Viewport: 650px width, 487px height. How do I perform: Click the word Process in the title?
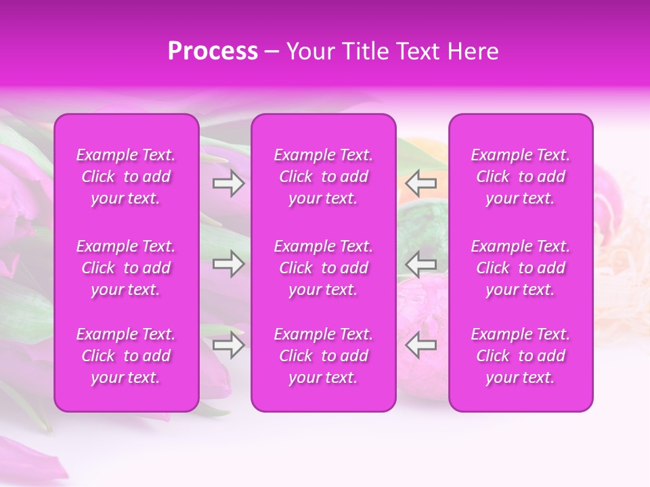[x=213, y=51]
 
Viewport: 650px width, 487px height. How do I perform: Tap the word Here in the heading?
[x=473, y=51]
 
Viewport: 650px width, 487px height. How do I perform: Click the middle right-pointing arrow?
[x=229, y=264]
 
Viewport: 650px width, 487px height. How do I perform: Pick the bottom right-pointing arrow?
[x=229, y=346]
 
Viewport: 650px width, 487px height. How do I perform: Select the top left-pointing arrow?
[x=421, y=183]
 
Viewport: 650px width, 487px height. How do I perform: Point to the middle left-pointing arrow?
[x=421, y=264]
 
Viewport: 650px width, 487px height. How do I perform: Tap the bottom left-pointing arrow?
[x=421, y=345]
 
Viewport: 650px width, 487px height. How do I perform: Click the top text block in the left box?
[x=126, y=177]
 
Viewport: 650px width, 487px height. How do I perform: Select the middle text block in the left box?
[x=126, y=268]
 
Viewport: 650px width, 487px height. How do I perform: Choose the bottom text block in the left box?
[x=126, y=356]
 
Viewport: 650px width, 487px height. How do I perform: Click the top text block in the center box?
[x=324, y=177]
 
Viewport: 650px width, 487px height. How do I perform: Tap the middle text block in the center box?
[x=324, y=268]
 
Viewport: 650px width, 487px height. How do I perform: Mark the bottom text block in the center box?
[x=324, y=356]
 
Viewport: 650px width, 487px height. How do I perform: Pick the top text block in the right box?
[x=521, y=177]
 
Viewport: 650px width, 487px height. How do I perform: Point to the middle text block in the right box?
[x=521, y=268]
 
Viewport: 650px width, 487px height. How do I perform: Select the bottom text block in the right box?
[x=521, y=356]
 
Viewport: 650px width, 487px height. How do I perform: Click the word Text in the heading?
[x=416, y=51]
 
